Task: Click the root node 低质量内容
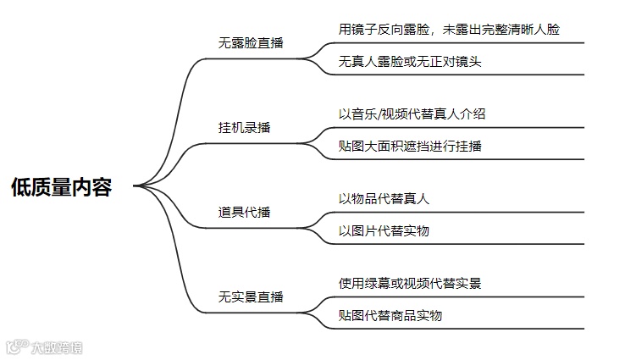tap(62, 187)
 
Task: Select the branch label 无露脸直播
tap(251, 43)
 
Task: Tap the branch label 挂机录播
tap(245, 128)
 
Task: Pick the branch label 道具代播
tap(245, 212)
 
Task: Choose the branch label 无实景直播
tap(251, 297)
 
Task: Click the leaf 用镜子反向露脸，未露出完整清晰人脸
tap(449, 29)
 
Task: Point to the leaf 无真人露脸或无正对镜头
tap(410, 62)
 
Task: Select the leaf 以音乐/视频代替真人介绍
tap(412, 114)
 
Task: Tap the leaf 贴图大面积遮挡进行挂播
tap(410, 146)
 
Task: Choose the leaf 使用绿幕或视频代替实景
tap(410, 283)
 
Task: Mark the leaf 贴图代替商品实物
tap(390, 316)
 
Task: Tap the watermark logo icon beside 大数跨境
tap(15, 346)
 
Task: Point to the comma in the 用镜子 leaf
tap(433, 31)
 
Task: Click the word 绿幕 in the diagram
tap(378, 283)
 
